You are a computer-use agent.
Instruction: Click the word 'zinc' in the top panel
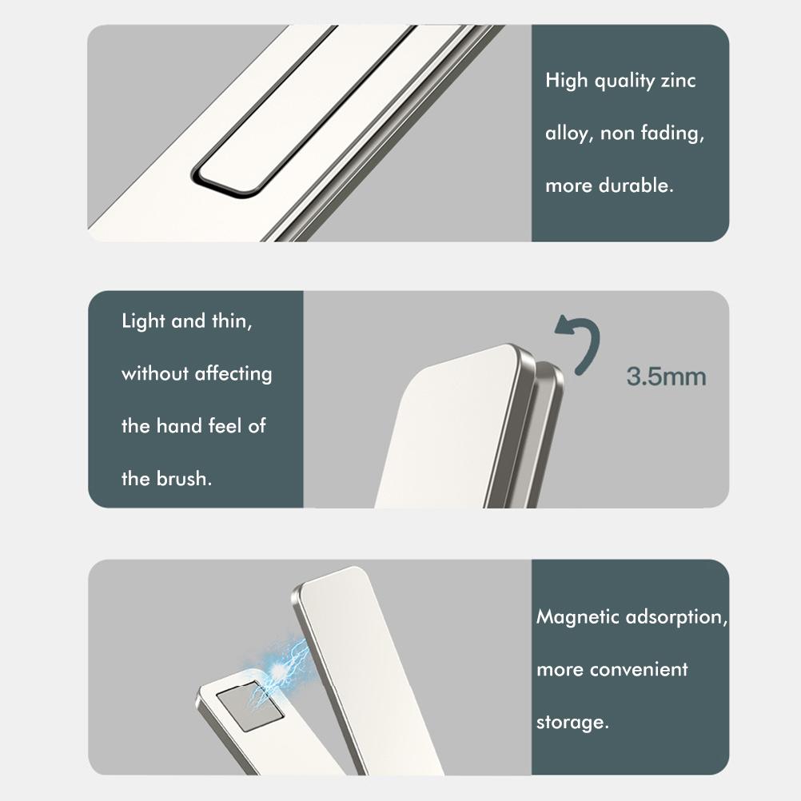pos(678,81)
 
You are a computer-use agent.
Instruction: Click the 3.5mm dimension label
pos(666,377)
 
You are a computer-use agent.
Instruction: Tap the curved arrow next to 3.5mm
pos(582,343)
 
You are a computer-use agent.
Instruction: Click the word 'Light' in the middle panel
pos(143,321)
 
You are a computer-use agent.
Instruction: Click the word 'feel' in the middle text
pos(225,425)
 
